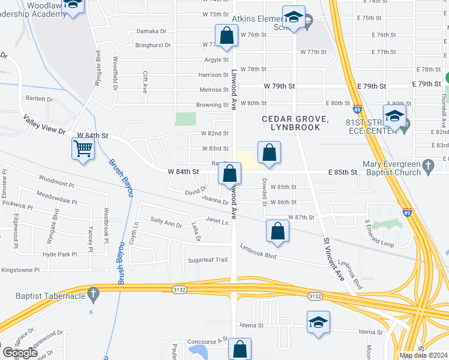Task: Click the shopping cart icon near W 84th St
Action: pyautogui.click(x=83, y=148)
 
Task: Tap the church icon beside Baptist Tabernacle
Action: pyautogui.click(x=92, y=294)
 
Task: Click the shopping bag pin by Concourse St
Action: pyautogui.click(x=240, y=349)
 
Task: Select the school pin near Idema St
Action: pyautogui.click(x=318, y=322)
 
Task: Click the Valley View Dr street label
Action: pyautogui.click(x=44, y=127)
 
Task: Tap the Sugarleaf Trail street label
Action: pyautogui.click(x=208, y=260)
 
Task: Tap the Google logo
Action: pyautogui.click(x=20, y=352)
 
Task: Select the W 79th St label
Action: pyautogui.click(x=279, y=86)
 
